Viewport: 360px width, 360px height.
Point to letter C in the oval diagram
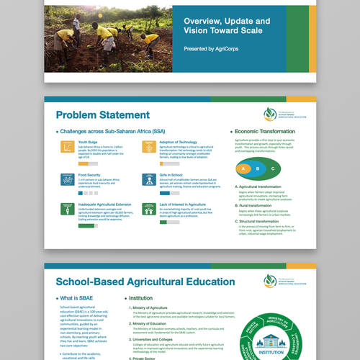pyautogui.click(x=273, y=169)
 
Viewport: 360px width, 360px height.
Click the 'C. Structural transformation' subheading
pyautogui.click(x=262, y=220)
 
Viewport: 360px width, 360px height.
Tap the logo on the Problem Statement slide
pyautogui.click(x=270, y=113)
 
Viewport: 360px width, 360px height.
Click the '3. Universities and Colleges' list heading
pyautogui.click(x=158, y=339)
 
